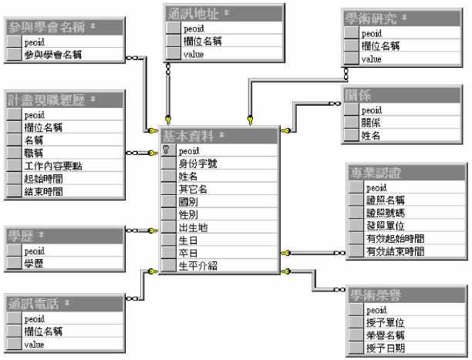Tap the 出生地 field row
coord(192,227)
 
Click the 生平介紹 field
coord(198,266)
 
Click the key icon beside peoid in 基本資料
coord(167,150)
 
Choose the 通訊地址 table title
coord(192,13)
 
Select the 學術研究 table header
coord(377,19)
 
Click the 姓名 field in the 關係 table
coord(372,136)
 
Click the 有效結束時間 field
coord(394,251)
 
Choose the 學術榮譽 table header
coord(376,294)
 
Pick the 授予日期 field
coord(385,348)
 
